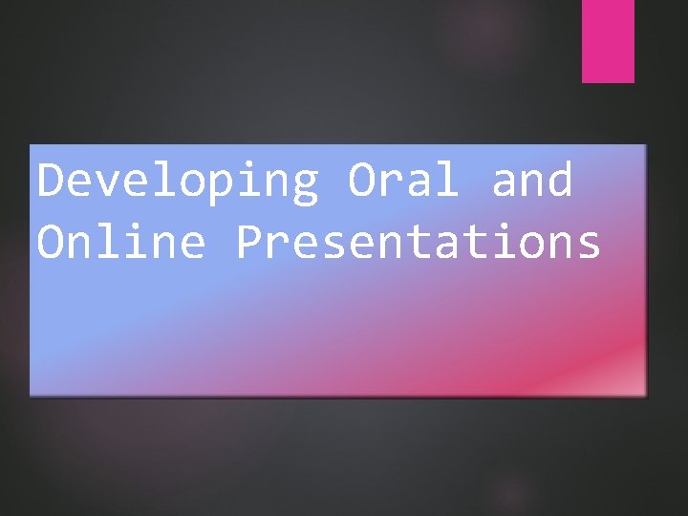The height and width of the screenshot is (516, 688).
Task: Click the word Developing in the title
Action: pos(178,182)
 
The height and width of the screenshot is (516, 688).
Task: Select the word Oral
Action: pos(403,182)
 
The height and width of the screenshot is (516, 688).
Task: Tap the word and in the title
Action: pos(531,182)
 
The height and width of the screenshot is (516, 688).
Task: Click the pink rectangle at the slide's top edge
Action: pos(608,40)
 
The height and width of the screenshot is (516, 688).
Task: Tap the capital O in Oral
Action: pos(361,182)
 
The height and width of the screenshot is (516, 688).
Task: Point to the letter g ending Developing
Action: pos(305,187)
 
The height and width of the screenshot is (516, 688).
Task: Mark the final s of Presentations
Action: pos(588,247)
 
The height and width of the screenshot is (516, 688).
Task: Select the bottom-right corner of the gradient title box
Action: pos(646,394)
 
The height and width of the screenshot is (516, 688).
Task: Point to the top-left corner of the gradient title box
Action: pos(31,146)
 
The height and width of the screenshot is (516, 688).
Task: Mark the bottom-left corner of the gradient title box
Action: pos(31,394)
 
